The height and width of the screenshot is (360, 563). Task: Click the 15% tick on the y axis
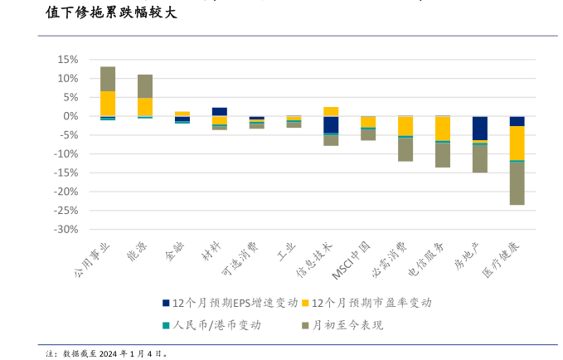click(66, 60)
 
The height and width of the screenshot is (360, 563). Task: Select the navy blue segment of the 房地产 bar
click(480, 128)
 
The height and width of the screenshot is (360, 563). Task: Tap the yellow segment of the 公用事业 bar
click(108, 103)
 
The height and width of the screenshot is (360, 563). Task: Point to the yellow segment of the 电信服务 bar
click(443, 129)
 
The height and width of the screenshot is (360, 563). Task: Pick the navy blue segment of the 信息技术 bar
click(331, 124)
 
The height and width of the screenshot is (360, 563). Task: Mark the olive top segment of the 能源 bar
click(145, 86)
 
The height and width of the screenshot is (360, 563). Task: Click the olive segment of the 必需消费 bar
click(405, 149)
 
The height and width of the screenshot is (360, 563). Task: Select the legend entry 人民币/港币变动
click(216, 324)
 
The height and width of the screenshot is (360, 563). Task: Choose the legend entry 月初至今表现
click(347, 324)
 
